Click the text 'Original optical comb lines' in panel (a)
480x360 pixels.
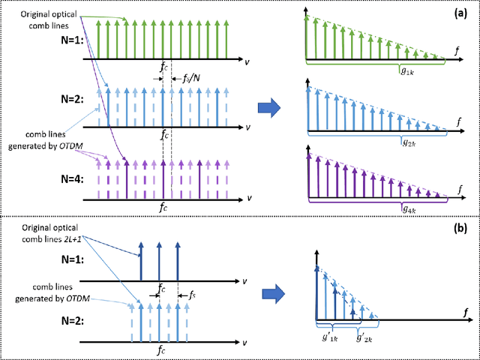46,19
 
